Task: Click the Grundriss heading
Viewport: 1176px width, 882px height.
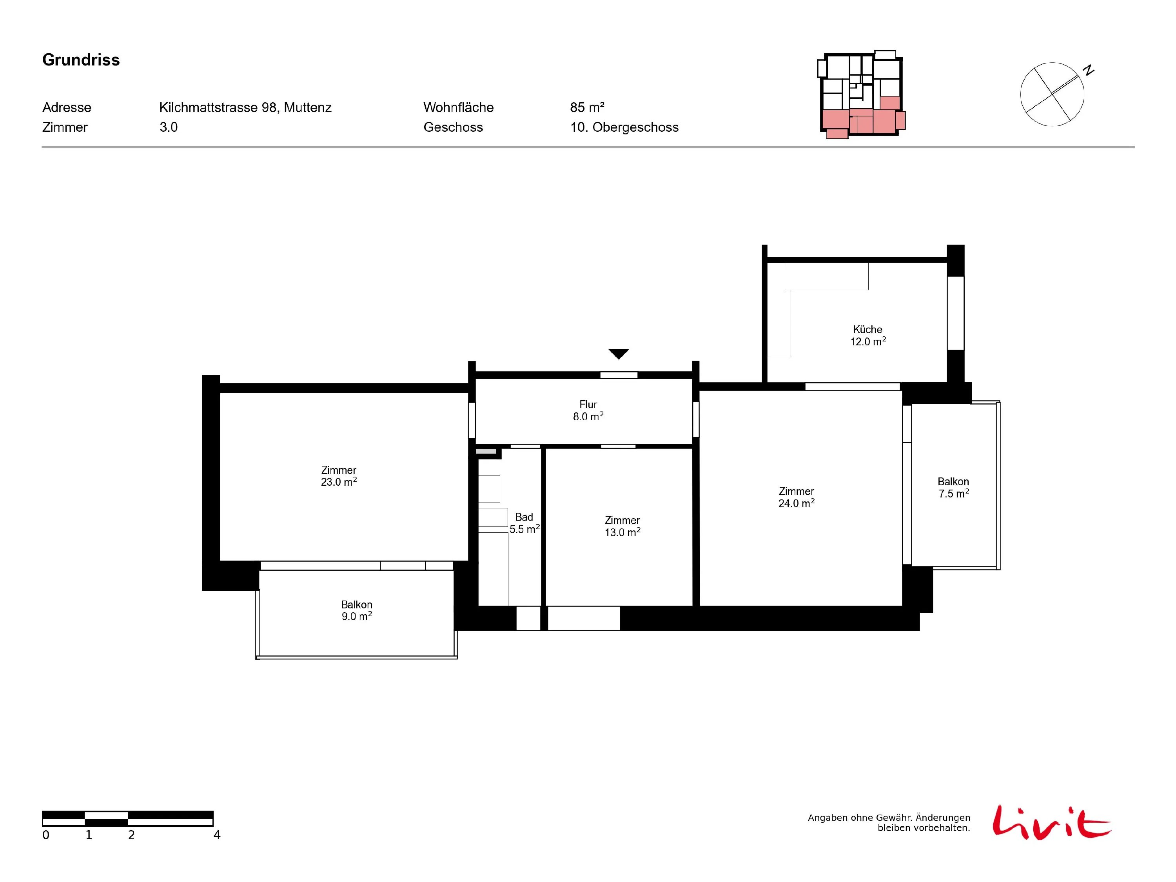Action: tap(81, 60)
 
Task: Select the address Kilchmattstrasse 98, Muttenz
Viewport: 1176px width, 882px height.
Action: tap(245, 107)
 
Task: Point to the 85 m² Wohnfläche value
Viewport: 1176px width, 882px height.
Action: tap(587, 107)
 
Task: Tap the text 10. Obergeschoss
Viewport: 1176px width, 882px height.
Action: tap(624, 127)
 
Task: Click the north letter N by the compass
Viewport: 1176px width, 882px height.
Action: tap(1089, 70)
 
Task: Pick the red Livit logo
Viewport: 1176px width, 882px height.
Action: tap(1051, 822)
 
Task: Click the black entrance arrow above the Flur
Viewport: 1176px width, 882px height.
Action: tap(618, 354)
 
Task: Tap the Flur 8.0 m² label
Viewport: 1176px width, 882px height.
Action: tap(588, 410)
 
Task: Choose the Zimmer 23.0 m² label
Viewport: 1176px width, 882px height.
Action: tap(339, 476)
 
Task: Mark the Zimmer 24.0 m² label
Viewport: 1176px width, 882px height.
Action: tap(797, 497)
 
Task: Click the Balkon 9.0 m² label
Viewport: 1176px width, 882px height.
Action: tap(356, 610)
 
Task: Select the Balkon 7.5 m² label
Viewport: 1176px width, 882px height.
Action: tap(953, 488)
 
